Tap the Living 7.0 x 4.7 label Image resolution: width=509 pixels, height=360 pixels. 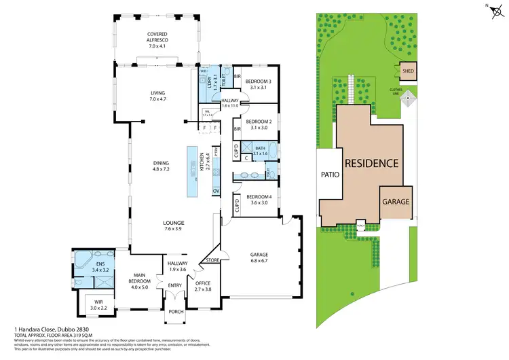click(158, 96)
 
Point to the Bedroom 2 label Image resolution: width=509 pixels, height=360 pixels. click(258, 124)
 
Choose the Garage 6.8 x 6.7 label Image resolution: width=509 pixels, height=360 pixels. click(246, 257)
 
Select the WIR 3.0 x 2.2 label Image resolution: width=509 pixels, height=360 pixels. click(98, 305)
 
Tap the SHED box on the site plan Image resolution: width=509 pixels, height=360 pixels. click(408, 71)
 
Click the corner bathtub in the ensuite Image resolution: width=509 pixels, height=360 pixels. click(82, 259)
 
